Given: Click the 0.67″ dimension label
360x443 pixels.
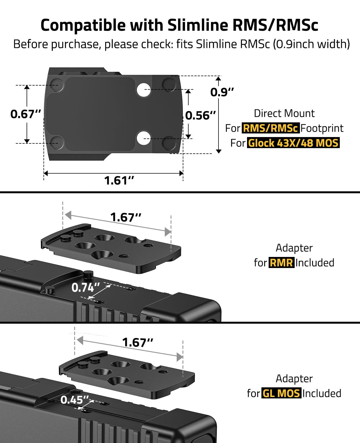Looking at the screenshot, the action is click(25, 114).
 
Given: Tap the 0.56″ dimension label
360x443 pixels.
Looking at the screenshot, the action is click(200, 115).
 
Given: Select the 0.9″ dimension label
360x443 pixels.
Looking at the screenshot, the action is click(222, 92).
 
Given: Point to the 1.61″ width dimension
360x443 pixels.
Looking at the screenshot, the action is click(119, 180).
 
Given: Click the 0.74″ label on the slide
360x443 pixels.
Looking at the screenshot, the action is click(86, 288).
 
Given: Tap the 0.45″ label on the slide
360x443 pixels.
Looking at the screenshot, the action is click(75, 400).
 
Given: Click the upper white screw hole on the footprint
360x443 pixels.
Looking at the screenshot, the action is click(144, 90).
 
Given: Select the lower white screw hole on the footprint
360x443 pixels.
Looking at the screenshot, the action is click(144, 138).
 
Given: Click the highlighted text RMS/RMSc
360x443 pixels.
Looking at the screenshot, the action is click(271, 128).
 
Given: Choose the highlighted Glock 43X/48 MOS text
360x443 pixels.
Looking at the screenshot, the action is click(293, 143).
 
